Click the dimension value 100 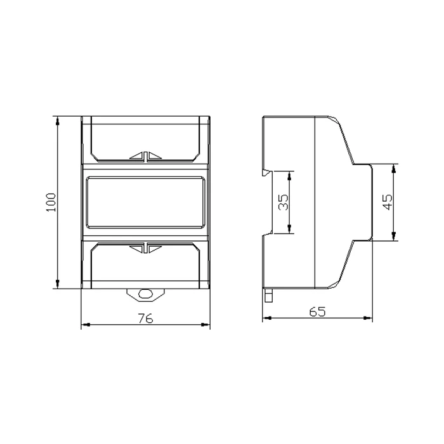pos(51,202)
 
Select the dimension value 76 pos(145,318)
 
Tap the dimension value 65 pos(317,312)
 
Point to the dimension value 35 pos(283,202)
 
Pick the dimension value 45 pos(388,202)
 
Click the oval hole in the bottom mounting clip pos(145,294)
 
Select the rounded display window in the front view pos(145,202)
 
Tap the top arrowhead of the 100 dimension pos(58,121)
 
